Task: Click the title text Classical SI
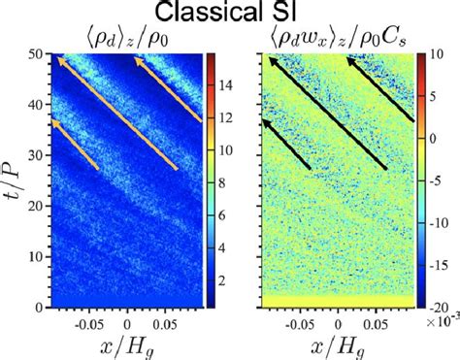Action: pyautogui.click(x=230, y=13)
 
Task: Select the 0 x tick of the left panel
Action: pyautogui.click(x=128, y=318)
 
